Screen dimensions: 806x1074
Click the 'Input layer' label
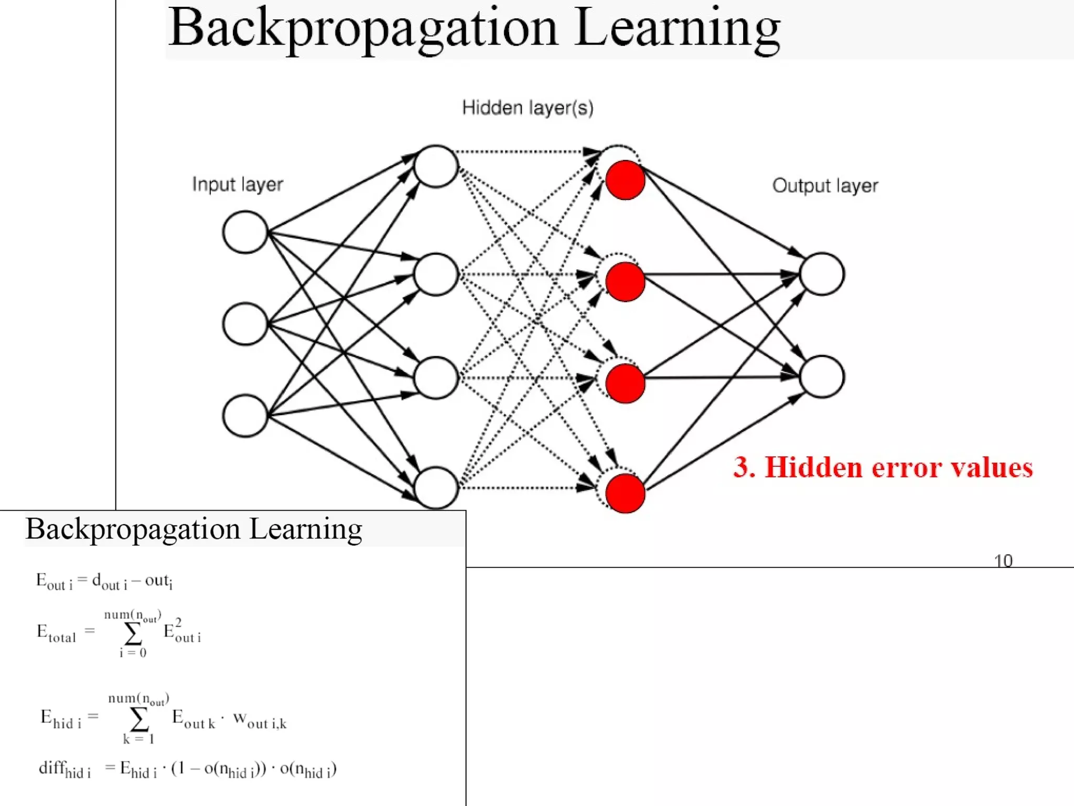pos(237,185)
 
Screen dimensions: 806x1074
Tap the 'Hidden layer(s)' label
pos(527,108)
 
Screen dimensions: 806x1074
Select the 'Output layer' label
pos(824,186)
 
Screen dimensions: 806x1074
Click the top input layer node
pos(245,232)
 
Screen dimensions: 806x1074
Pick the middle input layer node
pos(245,324)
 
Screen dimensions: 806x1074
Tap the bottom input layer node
pos(245,416)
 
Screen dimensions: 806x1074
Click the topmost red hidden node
pos(625,180)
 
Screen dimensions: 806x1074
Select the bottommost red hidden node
pos(625,493)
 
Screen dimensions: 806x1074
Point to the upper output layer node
pos(821,274)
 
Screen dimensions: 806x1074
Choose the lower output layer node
pos(821,376)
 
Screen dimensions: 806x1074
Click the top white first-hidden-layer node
pos(436,166)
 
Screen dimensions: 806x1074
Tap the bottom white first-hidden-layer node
pos(436,488)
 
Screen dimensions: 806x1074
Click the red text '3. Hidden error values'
pos(883,467)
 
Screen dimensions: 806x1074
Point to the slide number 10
pos(1003,561)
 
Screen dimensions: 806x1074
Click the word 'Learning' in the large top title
pos(677,29)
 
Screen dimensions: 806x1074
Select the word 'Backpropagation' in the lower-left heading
pos(133,529)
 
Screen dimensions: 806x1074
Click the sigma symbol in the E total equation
pos(133,634)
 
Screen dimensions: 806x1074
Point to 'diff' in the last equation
pos(51,768)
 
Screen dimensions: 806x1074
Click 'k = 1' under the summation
pos(138,739)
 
